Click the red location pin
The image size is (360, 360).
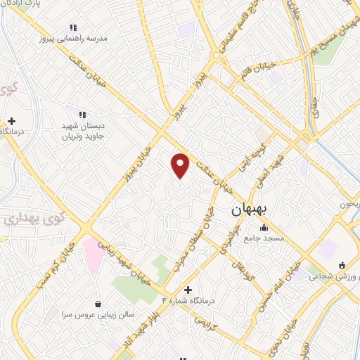pyautogui.click(x=181, y=165)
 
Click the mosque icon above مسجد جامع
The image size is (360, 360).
pyautogui.click(x=264, y=227)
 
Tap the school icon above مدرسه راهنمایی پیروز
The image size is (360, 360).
pyautogui.click(x=75, y=28)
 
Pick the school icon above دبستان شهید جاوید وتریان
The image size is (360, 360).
pyautogui.click(x=82, y=114)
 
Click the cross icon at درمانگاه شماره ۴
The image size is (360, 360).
pyautogui.click(x=188, y=289)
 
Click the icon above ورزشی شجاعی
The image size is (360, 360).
pyautogui.click(x=342, y=265)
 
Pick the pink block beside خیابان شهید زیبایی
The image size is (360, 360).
pyautogui.click(x=93, y=250)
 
